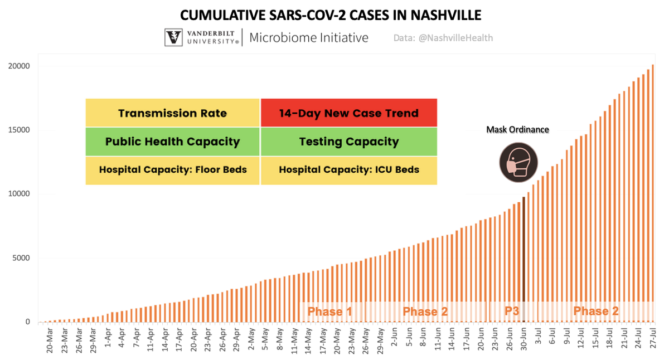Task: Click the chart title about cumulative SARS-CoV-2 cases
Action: (x=334, y=13)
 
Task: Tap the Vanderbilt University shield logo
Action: (x=174, y=38)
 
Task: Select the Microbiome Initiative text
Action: (x=309, y=38)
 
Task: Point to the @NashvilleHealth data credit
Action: (x=443, y=38)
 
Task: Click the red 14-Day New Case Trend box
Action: (x=349, y=113)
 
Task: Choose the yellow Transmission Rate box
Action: (x=173, y=113)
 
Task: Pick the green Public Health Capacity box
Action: (x=173, y=142)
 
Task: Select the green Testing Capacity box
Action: (x=349, y=142)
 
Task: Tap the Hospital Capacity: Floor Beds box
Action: (x=173, y=170)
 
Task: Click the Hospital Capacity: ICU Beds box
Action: (x=349, y=170)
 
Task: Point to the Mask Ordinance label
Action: (x=518, y=130)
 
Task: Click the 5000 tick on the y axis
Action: (x=21, y=258)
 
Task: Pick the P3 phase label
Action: (x=512, y=310)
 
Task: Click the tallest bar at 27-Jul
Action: (x=653, y=195)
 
